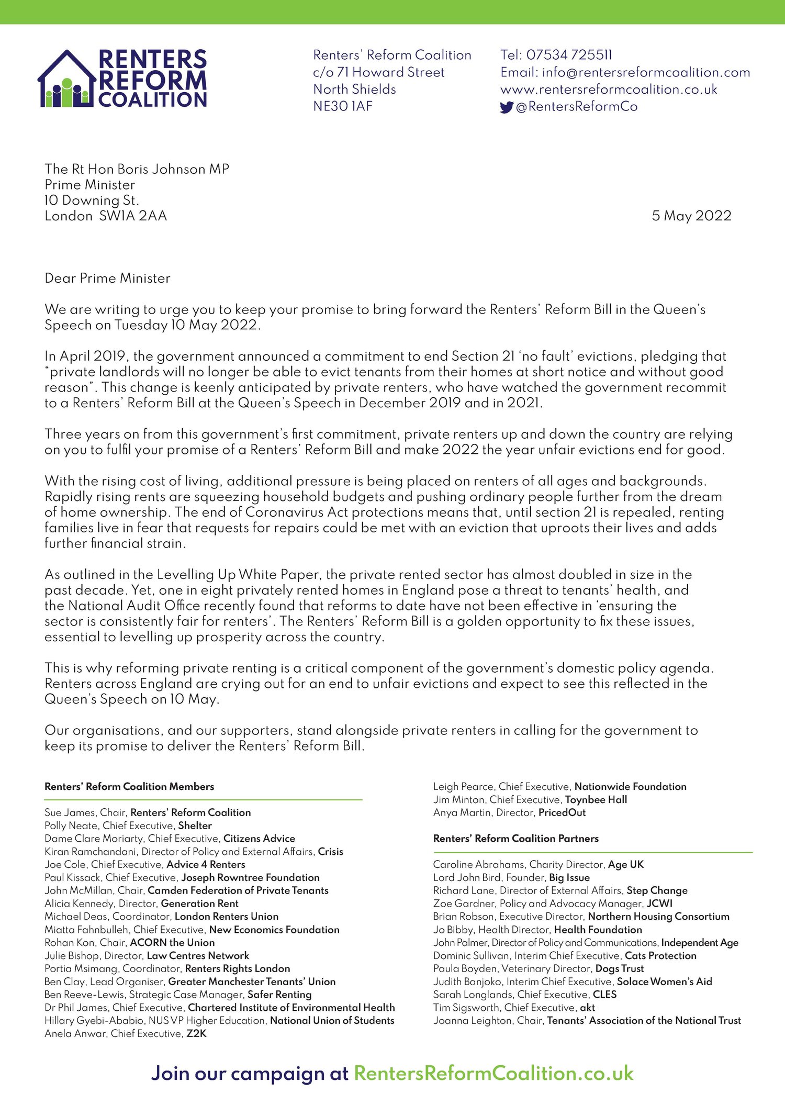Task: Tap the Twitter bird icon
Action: [x=506, y=107]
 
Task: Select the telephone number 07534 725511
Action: [x=569, y=55]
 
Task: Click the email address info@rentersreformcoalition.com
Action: [x=646, y=72]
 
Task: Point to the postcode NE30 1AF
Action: [x=343, y=106]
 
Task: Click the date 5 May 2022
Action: [x=691, y=216]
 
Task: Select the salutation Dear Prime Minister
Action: [x=107, y=278]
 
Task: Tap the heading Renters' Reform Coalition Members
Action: [x=129, y=786]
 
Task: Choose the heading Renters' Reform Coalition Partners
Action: [x=515, y=838]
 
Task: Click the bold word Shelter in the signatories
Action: [x=195, y=826]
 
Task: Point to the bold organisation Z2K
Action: [x=196, y=1033]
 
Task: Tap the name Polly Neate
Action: [x=71, y=826]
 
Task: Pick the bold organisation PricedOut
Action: [x=562, y=812]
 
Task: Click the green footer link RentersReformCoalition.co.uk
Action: [x=494, y=1073]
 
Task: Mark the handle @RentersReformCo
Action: [x=576, y=107]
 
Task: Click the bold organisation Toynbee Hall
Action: [x=596, y=799]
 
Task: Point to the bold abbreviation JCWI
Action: [x=659, y=904]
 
